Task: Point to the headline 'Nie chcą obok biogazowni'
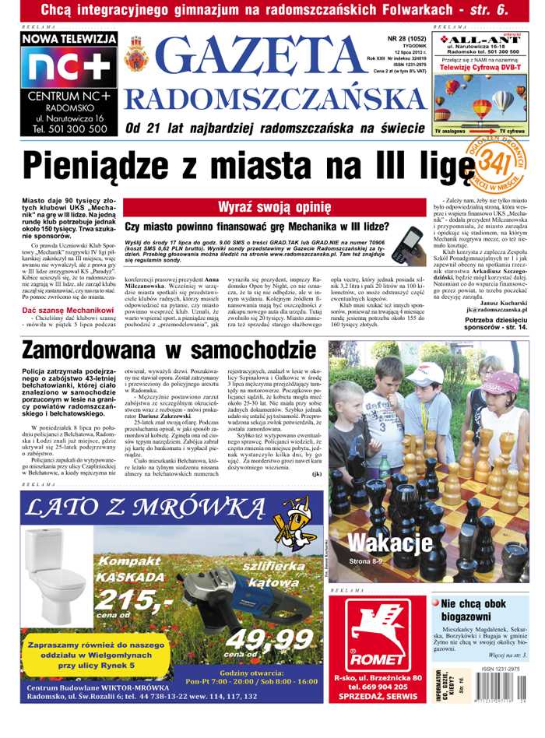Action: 473,610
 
